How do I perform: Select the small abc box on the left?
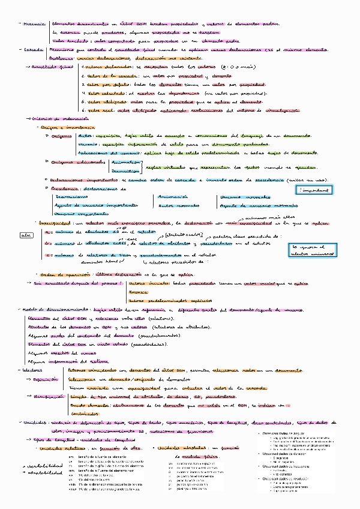pos(26,235)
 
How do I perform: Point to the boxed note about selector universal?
pos(312,250)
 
